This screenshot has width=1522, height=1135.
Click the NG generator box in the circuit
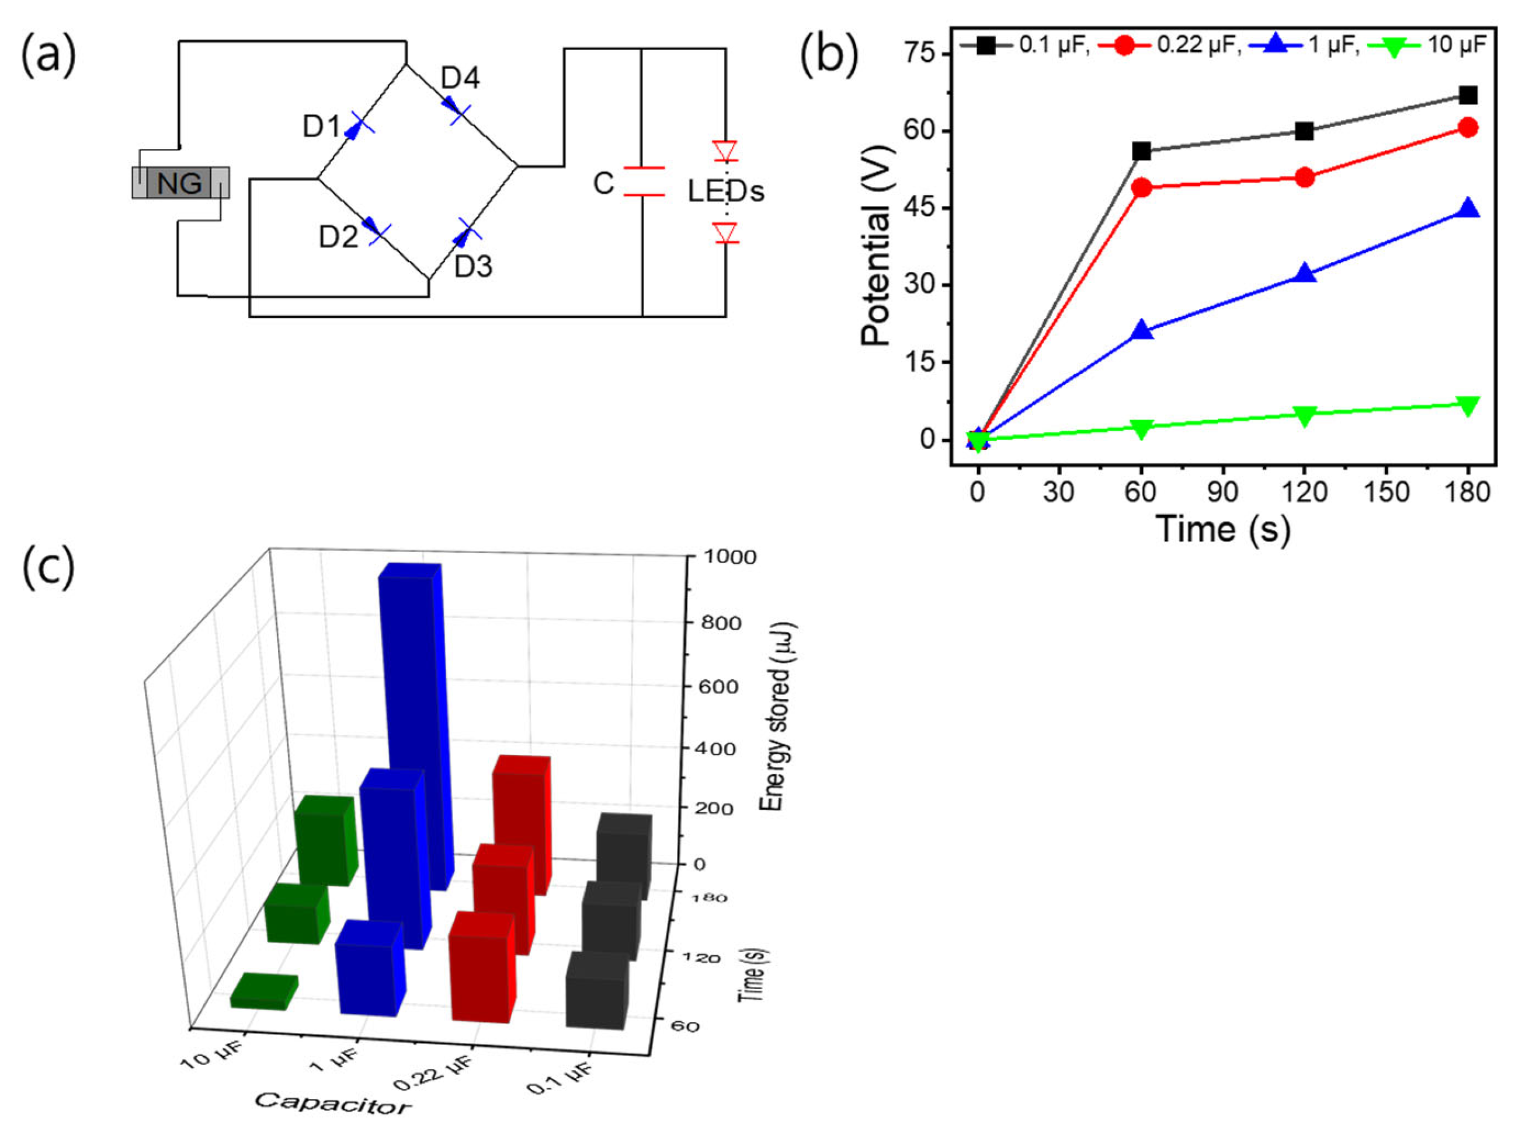180,183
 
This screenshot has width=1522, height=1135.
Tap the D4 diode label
460,79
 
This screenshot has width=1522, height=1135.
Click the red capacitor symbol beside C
644,181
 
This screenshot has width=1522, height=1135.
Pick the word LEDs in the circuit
726,191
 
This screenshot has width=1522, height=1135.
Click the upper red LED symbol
725,151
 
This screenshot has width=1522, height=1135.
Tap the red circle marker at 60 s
1141,187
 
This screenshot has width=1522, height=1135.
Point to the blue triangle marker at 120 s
1304,274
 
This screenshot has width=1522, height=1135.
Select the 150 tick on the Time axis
1385,492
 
